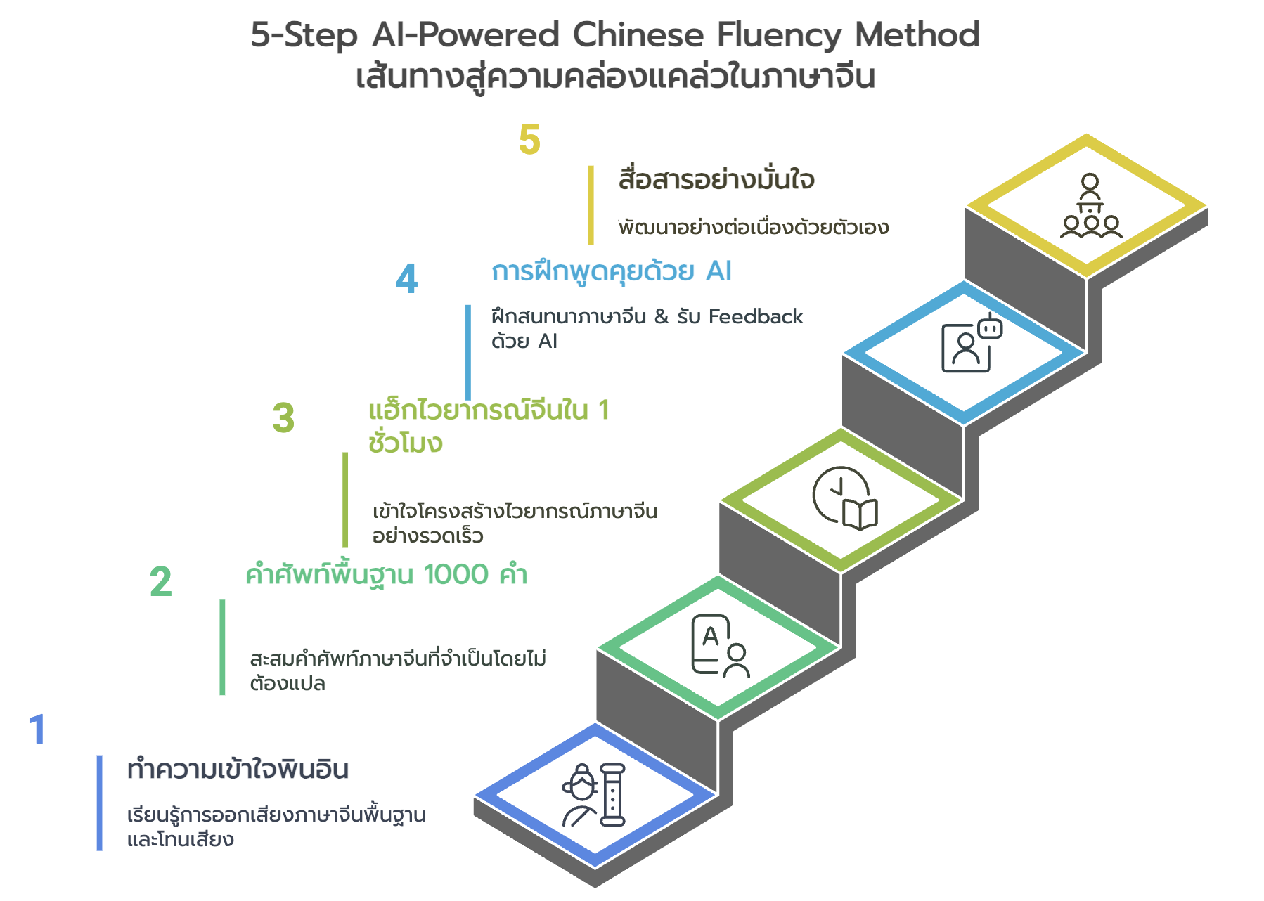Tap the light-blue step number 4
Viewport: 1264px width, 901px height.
click(406, 278)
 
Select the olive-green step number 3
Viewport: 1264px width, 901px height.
click(283, 418)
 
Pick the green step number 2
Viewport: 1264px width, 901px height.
click(160, 582)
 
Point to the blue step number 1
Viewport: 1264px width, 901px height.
click(37, 729)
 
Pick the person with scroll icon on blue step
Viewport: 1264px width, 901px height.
click(594, 795)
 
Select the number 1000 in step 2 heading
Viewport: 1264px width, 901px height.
click(456, 575)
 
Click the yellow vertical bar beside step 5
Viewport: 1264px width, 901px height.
click(591, 205)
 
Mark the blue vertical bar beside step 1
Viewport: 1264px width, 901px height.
click(99, 803)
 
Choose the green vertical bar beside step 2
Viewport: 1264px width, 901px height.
click(222, 647)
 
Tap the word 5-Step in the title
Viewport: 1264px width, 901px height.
click(304, 34)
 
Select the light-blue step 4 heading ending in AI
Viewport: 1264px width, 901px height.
click(611, 271)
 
